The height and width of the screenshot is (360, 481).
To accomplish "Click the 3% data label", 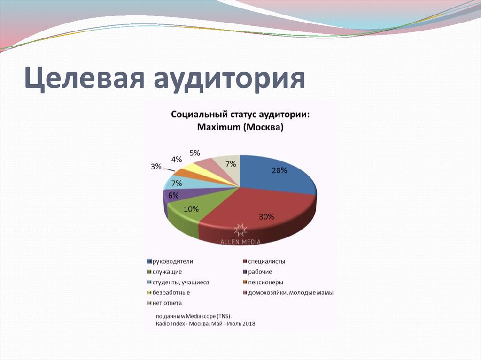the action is pos(156,167).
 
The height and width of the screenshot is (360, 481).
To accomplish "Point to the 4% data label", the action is pos(177,160).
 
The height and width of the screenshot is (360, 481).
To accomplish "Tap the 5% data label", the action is pos(194,153).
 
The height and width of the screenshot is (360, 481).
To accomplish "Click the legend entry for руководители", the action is pos(170,261).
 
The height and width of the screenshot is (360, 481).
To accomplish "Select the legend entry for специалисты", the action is pos(264,261).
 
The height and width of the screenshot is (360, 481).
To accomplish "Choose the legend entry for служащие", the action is pos(164,272).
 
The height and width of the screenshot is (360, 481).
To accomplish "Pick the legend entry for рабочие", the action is pos(257,272).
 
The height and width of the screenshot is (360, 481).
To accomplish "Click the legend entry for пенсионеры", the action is pos(263,283).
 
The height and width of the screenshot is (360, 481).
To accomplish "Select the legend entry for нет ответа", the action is pos(164,303).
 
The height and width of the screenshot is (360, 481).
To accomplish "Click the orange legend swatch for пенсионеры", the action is pos(245,283).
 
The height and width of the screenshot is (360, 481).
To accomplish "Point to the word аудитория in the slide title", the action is pos(229,78).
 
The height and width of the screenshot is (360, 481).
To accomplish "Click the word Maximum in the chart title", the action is pos(219,127).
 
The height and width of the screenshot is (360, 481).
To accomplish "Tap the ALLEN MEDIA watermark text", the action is pos(240,242).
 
